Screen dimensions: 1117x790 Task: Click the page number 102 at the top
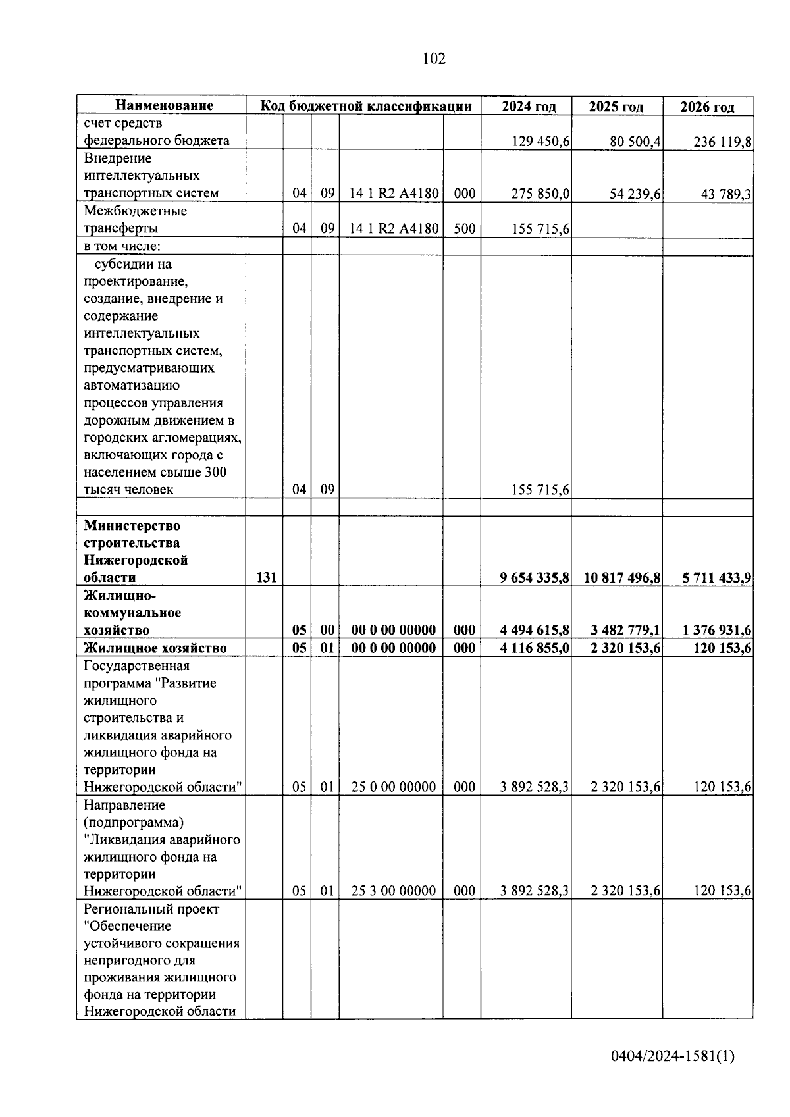tap(434, 59)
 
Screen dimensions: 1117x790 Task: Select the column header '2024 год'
tap(528, 107)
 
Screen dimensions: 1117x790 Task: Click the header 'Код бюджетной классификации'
tap(366, 106)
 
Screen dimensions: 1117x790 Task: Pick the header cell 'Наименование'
tap(165, 105)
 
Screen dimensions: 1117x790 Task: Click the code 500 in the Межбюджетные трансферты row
tap(464, 229)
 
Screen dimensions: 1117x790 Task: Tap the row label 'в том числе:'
tap(122, 246)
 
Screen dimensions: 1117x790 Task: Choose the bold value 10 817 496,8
tap(621, 578)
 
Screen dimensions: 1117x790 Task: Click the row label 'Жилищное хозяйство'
tap(155, 648)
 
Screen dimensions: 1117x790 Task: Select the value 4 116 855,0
tap(535, 648)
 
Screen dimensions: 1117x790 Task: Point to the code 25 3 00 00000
tap(393, 891)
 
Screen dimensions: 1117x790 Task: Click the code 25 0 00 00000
tap(393, 787)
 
